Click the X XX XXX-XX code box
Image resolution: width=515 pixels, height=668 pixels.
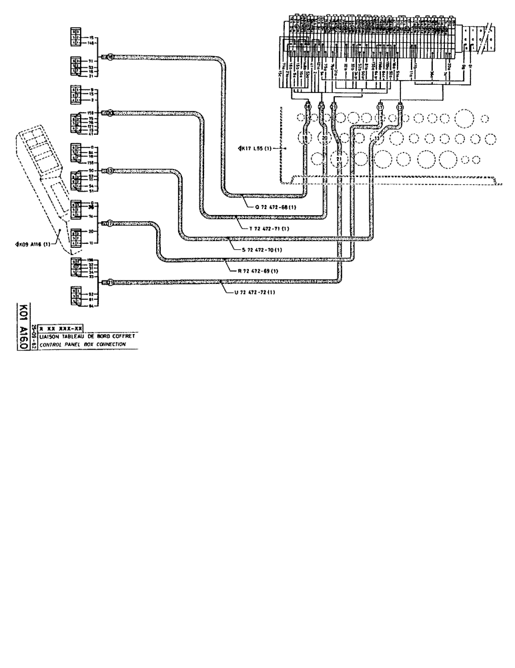point(61,329)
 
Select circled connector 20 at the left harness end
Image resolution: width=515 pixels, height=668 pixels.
point(111,113)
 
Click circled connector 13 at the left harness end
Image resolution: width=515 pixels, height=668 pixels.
point(110,171)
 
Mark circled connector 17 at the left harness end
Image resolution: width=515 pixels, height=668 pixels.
point(109,224)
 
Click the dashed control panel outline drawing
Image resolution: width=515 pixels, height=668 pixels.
point(40,174)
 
